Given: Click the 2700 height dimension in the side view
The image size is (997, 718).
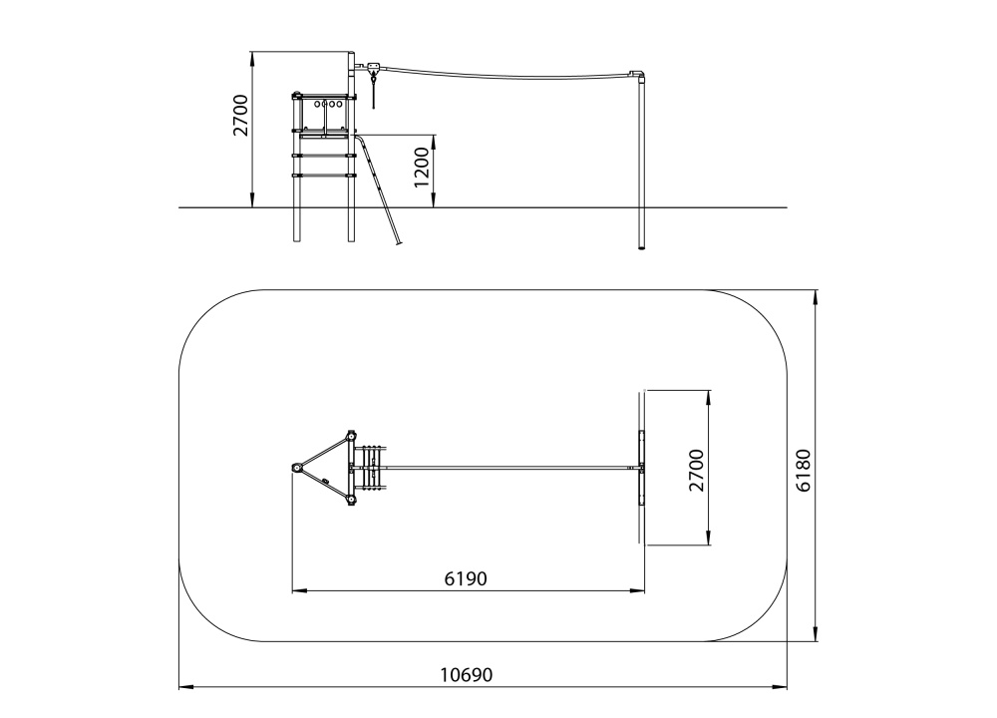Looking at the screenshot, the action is point(240,115).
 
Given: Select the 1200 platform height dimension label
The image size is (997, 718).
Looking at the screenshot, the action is point(422,168).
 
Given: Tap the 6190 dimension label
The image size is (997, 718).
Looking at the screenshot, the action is point(466,578).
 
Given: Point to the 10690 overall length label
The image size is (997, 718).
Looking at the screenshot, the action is point(467,674).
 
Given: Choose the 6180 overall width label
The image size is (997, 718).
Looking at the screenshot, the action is point(804,471).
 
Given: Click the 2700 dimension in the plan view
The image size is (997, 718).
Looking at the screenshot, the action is point(697,470).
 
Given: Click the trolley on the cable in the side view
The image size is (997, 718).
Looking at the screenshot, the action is point(373,67).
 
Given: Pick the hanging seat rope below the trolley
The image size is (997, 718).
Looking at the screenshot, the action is point(373,91).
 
